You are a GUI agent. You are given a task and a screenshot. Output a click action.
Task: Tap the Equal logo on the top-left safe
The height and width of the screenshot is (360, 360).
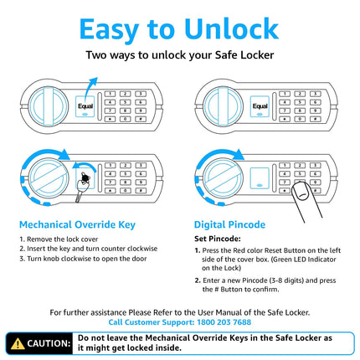pyautogui.click(x=85, y=106)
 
